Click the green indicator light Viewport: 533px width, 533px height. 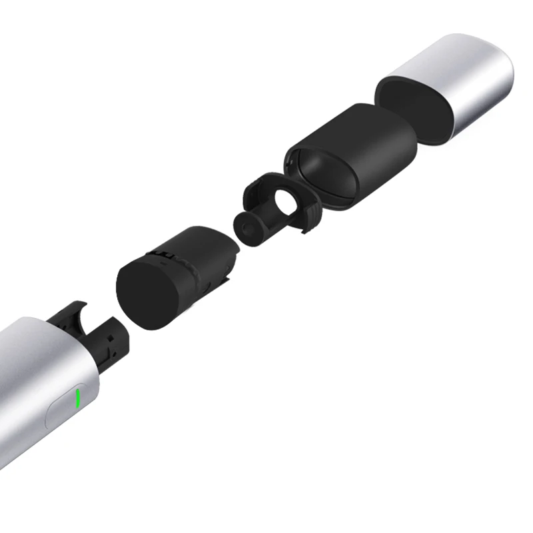[x=78, y=399]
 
